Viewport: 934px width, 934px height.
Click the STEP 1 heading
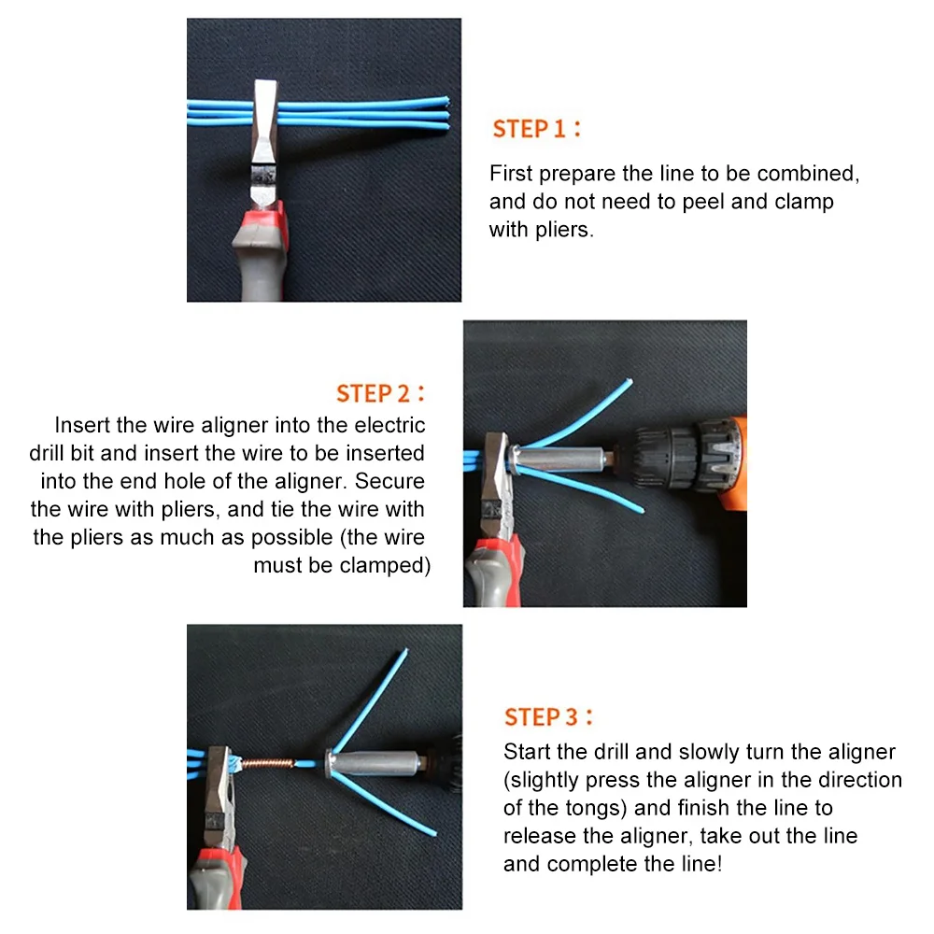(536, 129)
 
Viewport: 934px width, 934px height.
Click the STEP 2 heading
(380, 392)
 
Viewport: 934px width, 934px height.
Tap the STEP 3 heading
(548, 717)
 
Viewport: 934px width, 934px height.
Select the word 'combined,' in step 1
(808, 174)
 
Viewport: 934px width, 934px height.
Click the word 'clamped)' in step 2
(385, 565)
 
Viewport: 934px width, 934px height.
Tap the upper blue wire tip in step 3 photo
(404, 651)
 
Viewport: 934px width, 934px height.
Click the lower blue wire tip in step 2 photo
(642, 511)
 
